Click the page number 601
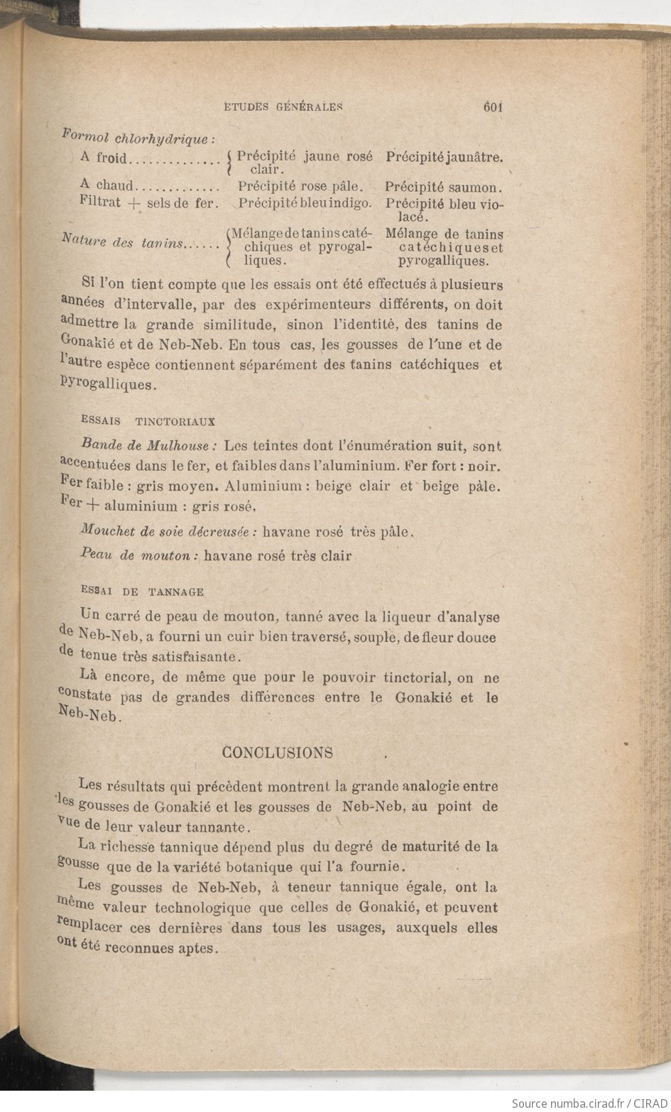[492, 107]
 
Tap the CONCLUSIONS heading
[278, 753]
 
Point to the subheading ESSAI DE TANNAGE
[142, 591]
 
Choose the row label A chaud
[107, 187]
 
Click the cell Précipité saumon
[444, 188]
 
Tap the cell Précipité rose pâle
[301, 187]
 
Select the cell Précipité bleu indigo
[305, 203]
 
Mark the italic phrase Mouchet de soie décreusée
[168, 531]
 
